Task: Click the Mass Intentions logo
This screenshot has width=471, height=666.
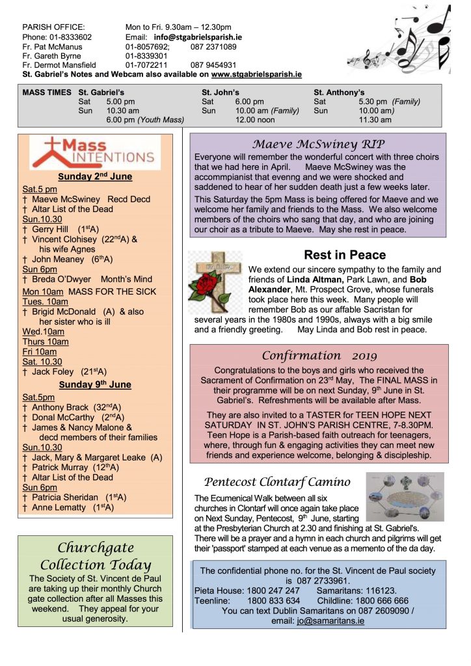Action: [x=95, y=152]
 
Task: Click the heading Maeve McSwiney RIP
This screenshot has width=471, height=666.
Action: [x=319, y=144]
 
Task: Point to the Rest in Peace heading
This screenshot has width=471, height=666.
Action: [x=345, y=255]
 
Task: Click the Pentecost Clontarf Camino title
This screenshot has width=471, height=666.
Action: [x=277, y=482]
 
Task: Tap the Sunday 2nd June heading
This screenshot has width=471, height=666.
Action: [x=94, y=177]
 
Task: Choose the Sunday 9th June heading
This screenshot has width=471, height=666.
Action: [x=94, y=384]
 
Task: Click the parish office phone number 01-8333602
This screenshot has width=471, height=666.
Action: [x=68, y=37]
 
